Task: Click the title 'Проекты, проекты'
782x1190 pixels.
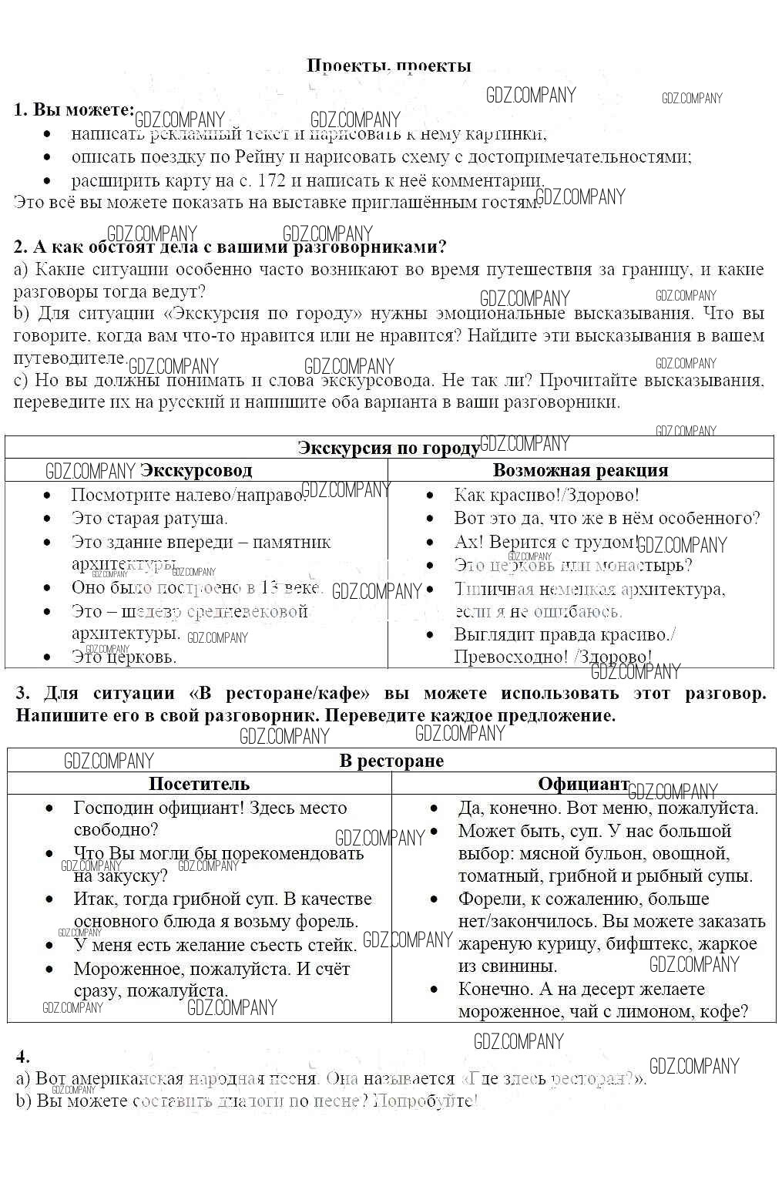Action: (x=388, y=66)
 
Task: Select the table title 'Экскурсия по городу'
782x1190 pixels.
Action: (x=388, y=449)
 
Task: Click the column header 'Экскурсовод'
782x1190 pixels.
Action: (x=196, y=470)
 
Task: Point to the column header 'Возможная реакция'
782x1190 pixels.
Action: (x=580, y=470)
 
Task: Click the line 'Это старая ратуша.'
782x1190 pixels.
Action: (x=149, y=519)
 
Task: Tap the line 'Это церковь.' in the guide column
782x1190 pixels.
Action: (x=124, y=657)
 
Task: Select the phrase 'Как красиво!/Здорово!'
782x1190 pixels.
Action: (x=546, y=496)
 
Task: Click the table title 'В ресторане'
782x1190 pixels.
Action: (x=391, y=761)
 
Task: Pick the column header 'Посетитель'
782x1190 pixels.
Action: (x=199, y=784)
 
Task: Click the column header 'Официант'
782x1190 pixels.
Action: (x=582, y=784)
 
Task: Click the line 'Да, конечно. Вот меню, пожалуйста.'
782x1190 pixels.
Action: (x=608, y=808)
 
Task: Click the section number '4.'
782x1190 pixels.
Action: (x=22, y=1057)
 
